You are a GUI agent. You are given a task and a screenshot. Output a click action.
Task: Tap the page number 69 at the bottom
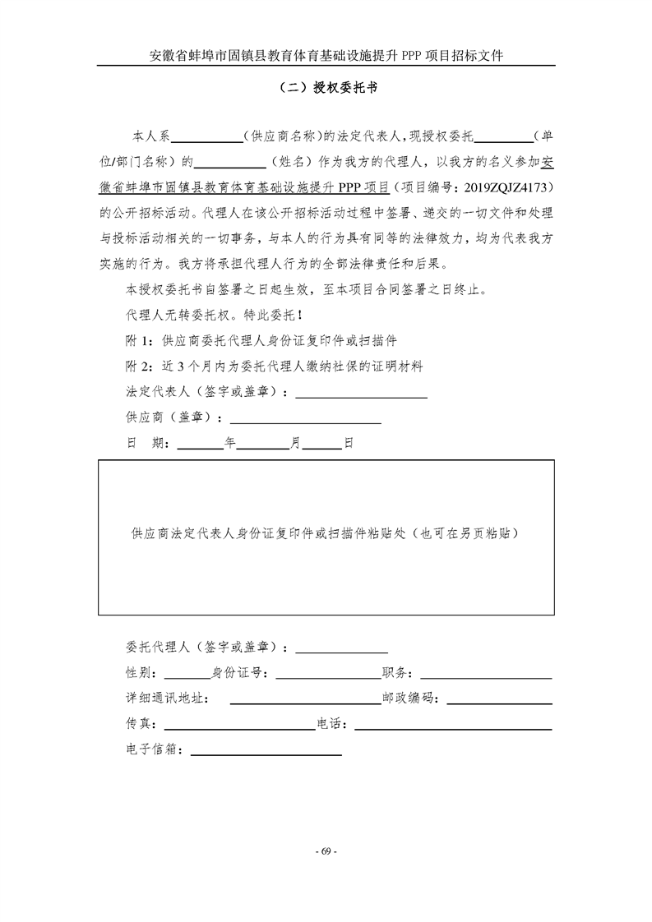[326, 851]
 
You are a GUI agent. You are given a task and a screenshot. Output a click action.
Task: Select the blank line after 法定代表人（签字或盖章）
[361, 397]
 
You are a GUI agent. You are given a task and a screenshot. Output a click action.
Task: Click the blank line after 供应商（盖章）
[308, 422]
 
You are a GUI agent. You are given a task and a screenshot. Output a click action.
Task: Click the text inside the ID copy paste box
[326, 532]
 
